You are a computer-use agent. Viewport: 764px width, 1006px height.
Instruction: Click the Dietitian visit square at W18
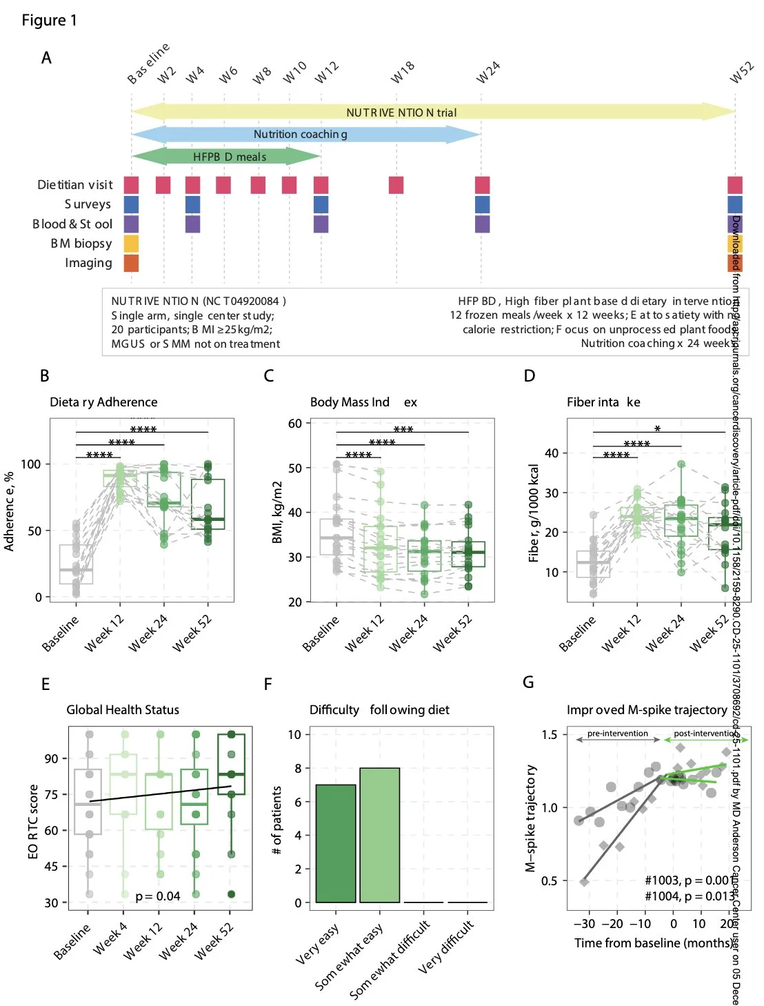click(396, 185)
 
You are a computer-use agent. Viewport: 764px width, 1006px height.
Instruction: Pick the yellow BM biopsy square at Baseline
click(131, 244)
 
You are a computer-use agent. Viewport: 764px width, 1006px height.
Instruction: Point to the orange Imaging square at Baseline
click(131, 263)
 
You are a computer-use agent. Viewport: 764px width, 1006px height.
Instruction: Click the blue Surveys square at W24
click(482, 204)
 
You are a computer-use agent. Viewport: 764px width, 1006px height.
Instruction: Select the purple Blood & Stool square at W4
click(192, 224)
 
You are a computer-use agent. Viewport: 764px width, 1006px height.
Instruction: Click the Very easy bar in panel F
click(336, 843)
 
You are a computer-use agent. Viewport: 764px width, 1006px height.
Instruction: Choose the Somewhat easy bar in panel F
click(380, 835)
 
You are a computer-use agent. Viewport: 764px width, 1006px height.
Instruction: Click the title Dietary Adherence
click(103, 402)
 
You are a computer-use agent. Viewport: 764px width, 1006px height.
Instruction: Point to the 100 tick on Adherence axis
click(31, 464)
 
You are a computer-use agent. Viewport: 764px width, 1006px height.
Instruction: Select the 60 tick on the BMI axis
click(295, 423)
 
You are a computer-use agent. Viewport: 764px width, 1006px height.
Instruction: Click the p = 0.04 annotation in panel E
click(158, 896)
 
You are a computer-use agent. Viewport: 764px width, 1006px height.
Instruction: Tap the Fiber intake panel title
click(603, 402)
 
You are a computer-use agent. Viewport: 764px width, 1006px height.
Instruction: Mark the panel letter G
click(528, 682)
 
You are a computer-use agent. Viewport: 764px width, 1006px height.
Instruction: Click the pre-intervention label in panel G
click(617, 733)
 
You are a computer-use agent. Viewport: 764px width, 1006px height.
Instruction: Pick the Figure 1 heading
click(50, 21)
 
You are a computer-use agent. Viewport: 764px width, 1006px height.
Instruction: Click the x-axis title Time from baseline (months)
click(653, 943)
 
